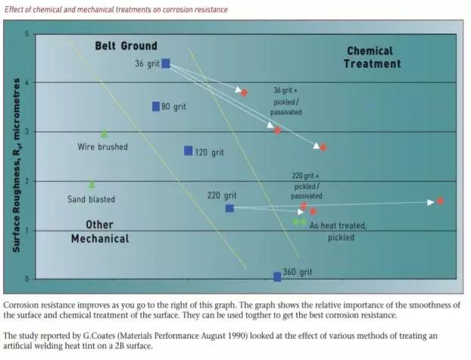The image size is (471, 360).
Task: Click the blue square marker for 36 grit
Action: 166,64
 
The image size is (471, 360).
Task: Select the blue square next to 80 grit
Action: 156,107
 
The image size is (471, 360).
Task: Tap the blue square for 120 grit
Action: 189,151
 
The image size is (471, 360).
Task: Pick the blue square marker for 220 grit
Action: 229,208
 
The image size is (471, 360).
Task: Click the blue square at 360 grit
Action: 277,277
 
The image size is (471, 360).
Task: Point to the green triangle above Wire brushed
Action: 104,133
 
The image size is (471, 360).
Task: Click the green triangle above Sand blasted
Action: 92,184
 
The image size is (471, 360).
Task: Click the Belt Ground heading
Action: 126,46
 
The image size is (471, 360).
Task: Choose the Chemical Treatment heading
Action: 370,58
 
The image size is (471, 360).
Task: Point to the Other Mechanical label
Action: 99,232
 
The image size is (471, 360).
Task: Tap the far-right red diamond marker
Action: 440,202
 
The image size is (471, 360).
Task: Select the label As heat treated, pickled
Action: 338,231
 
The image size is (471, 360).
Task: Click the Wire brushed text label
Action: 103,146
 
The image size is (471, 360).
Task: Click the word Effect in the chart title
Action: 14,9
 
